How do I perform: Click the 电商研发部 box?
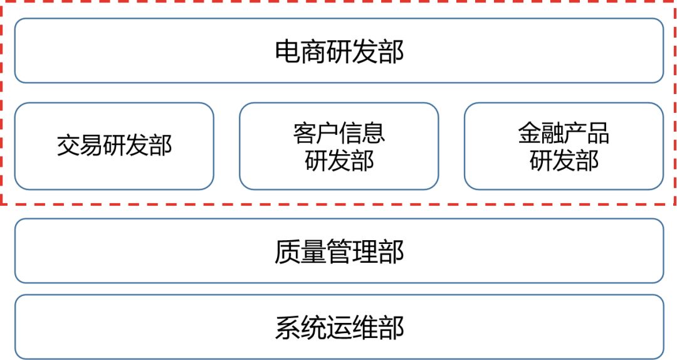[x=338, y=51]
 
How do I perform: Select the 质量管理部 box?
[x=338, y=251]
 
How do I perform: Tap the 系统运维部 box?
[x=338, y=327]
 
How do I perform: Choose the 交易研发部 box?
[x=114, y=146]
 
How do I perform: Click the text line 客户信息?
[x=338, y=133]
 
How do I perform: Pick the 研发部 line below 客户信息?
[x=338, y=161]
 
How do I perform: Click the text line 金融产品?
[x=564, y=133]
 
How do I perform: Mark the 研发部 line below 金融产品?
[x=564, y=161]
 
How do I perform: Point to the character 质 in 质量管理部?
[x=288, y=251]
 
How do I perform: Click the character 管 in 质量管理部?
[x=339, y=251]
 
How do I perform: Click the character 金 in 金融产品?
[x=529, y=133]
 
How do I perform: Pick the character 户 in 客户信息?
[x=327, y=133]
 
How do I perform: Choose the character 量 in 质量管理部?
[x=313, y=251]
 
